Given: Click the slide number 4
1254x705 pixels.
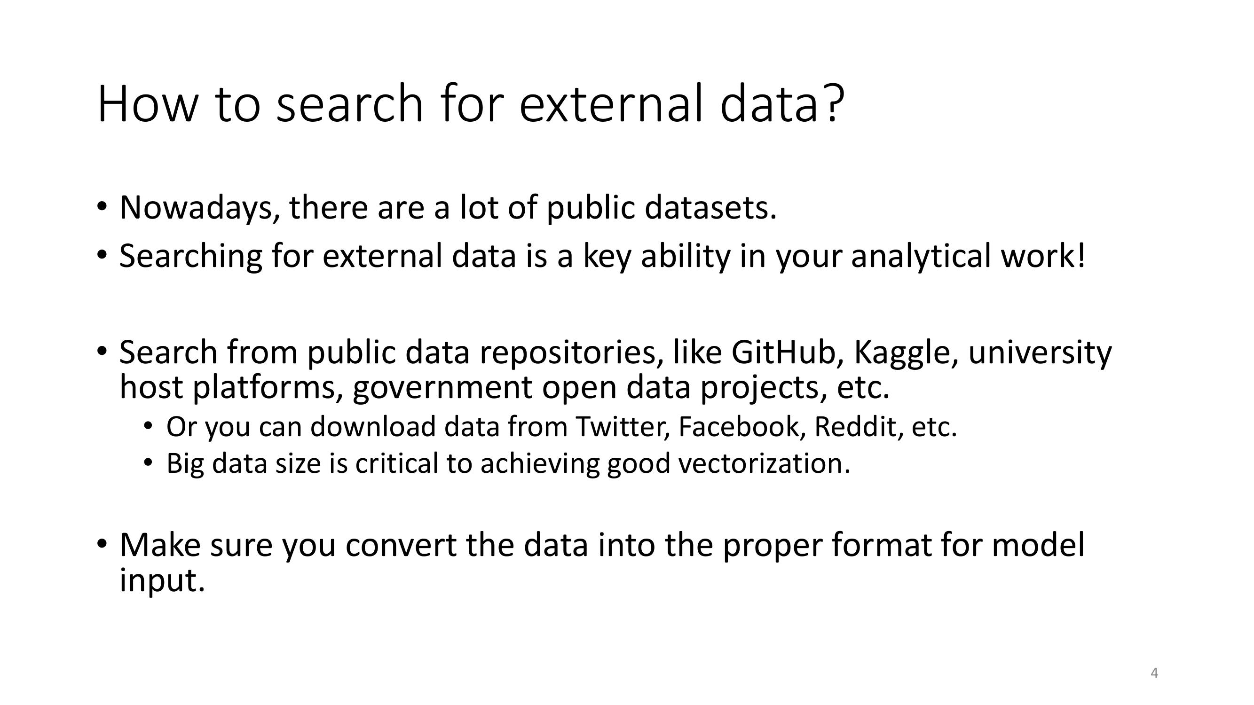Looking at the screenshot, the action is [1154, 674].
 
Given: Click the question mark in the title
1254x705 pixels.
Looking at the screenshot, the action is [833, 102].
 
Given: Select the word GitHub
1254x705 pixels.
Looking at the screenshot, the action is [784, 352].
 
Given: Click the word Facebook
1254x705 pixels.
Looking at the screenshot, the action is [738, 427].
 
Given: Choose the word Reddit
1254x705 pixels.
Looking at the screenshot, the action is [855, 427].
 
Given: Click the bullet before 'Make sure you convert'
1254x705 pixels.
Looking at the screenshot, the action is [101, 544].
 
